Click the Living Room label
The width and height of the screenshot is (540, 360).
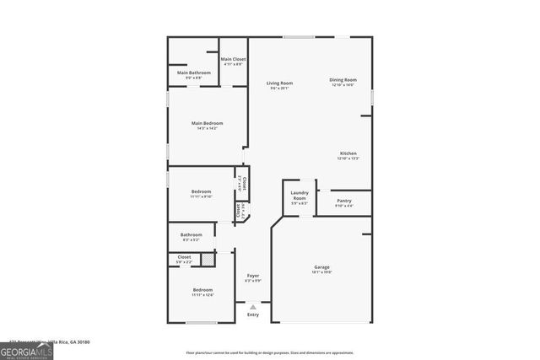tap(279, 83)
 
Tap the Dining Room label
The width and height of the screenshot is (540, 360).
tap(343, 80)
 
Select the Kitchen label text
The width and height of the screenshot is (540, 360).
tap(348, 153)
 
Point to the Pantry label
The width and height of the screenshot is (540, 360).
tap(343, 201)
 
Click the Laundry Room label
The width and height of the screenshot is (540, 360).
tap(299, 198)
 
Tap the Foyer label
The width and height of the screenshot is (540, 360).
tap(252, 276)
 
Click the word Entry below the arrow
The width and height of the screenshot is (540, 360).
tap(252, 314)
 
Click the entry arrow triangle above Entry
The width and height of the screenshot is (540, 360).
tap(252, 307)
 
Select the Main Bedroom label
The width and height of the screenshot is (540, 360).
tap(207, 124)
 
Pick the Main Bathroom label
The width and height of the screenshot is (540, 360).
tap(193, 73)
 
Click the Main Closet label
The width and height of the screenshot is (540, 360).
tap(233, 59)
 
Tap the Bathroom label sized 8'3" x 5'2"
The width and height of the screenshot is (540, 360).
tap(192, 234)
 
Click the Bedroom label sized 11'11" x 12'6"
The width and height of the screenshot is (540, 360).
tap(202, 290)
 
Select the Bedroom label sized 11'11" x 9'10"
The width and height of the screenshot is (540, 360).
tap(201, 192)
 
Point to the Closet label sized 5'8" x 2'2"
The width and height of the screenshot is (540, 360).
tap(184, 256)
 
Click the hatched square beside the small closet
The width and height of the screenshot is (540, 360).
tap(208, 260)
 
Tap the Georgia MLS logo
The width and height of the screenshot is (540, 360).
tap(26, 350)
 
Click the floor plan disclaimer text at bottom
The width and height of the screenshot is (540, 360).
tap(269, 352)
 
